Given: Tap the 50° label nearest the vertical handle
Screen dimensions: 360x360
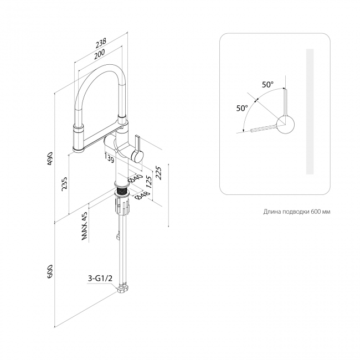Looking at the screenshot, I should [x=268, y=85].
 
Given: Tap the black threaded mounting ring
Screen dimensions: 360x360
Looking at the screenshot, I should [x=122, y=192].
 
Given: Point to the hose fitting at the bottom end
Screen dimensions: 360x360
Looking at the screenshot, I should [x=124, y=289].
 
